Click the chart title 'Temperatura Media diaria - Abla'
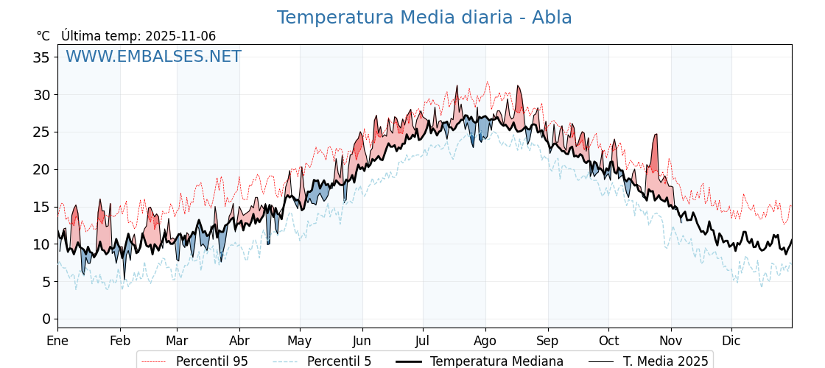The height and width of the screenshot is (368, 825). [424, 18]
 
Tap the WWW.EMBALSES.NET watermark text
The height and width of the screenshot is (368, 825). [153, 57]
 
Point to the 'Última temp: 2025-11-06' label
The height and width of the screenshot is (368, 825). [138, 36]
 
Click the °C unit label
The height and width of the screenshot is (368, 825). [43, 36]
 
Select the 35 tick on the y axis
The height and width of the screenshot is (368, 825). [41, 57]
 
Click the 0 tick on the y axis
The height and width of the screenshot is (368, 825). [46, 319]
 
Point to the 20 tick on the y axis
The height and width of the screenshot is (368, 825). [41, 169]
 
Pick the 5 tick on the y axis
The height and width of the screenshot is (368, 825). [46, 281]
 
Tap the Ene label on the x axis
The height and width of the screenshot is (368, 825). [57, 341]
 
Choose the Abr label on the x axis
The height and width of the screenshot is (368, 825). [239, 341]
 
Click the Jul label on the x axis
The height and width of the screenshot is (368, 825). [423, 341]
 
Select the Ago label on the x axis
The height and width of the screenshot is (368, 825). [485, 341]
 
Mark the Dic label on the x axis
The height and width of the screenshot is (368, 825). [731, 341]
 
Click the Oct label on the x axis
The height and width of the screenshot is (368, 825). [608, 341]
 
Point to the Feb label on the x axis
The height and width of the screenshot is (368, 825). [120, 341]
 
